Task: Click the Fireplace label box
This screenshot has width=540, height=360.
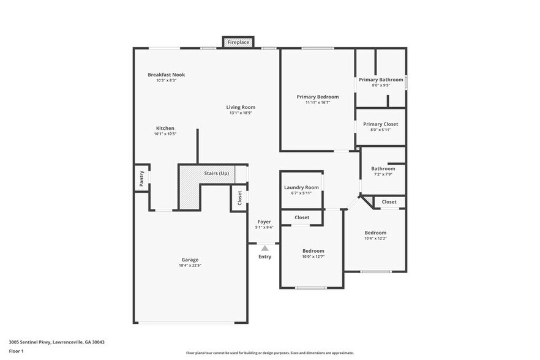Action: point(238,42)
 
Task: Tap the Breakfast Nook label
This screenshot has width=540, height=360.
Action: point(166,75)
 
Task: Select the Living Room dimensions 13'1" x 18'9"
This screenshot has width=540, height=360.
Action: point(241,113)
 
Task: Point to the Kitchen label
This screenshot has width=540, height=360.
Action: point(165,128)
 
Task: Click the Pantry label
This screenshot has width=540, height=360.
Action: point(142,178)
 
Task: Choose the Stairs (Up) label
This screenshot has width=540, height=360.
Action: point(216,173)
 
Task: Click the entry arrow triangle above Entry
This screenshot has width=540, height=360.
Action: point(264,248)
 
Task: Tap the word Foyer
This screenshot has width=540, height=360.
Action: point(264,222)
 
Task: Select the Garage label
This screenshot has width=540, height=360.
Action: point(190,260)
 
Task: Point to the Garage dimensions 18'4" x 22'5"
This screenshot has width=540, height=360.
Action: point(190,266)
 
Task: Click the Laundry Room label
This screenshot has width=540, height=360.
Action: point(301,187)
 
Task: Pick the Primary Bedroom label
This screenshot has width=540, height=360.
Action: point(317,97)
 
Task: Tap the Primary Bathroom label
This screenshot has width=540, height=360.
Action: point(381,80)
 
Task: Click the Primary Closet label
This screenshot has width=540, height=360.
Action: point(381,124)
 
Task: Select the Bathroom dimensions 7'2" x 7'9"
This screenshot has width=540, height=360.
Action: point(383,174)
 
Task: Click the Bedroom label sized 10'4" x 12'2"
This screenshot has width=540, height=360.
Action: point(375,233)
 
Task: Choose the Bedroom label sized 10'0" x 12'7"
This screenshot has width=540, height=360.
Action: point(313,250)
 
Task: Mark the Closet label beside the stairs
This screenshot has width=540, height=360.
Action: point(239,198)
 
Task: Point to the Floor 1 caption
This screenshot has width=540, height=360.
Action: point(16,351)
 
